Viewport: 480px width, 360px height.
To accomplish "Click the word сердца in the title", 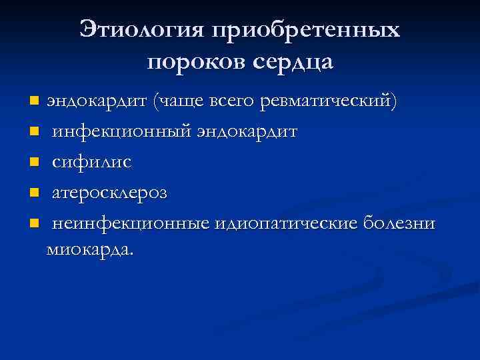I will pos(292,63).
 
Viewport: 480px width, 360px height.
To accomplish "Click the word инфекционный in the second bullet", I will pos(122,132).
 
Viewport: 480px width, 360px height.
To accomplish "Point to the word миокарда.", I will pos(89,250).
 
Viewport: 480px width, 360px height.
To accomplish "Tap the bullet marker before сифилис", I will pos(34,163).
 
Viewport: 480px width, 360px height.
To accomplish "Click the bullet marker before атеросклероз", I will pos(34,193).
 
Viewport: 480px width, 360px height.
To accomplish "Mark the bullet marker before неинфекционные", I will pos(34,223).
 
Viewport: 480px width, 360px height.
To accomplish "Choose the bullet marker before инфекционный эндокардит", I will pos(34,133).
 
